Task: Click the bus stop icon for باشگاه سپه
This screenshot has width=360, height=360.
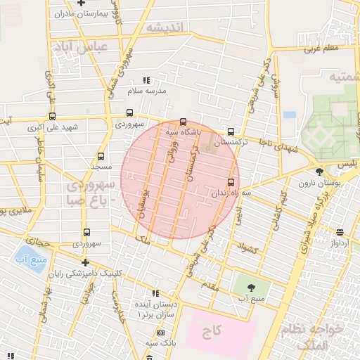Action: pos(184,121)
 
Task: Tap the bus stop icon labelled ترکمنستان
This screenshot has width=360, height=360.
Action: pos(231,131)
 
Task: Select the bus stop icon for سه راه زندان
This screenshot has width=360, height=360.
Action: pos(231,183)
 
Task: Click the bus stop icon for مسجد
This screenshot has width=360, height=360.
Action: pos(101,156)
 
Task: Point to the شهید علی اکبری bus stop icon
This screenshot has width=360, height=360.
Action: pos(53,117)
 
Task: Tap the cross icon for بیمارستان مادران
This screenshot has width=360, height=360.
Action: pos(82,4)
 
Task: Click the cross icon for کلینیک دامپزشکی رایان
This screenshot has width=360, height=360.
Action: pos(85,262)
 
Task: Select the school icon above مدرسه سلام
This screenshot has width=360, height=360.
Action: pos(146,81)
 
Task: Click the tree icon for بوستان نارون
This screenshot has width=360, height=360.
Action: pos(320,171)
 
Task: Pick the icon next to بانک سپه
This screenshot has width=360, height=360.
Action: pos(161,332)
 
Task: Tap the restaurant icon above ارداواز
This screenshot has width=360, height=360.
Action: pos(340,232)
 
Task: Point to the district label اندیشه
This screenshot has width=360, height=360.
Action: pos(165,27)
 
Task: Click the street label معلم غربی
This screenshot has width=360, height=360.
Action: pos(322,49)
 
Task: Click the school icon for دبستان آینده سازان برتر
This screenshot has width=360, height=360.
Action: pos(155,292)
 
